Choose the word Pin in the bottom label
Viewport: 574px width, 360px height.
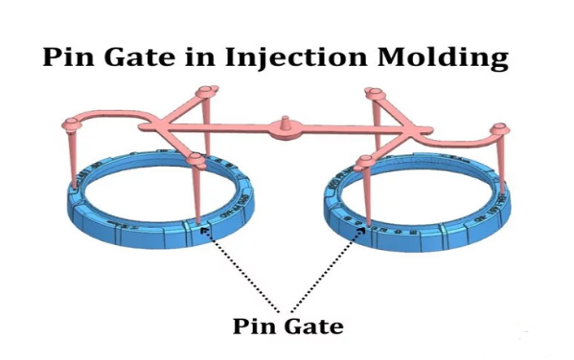click(254, 325)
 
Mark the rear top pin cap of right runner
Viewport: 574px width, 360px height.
click(373, 94)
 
